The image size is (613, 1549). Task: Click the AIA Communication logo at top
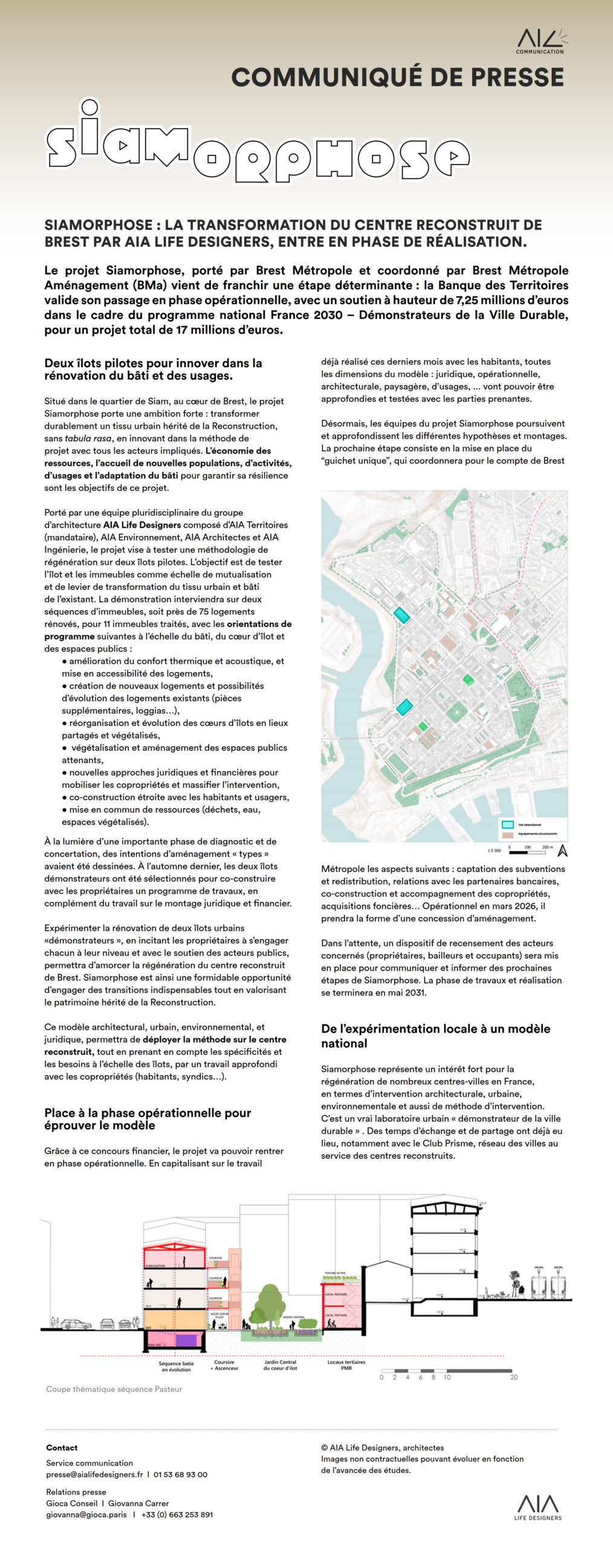coord(540,41)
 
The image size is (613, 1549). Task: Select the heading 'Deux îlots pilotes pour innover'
coord(153,369)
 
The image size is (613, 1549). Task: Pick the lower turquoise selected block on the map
coord(404,707)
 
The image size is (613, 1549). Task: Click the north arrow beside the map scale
coord(562,850)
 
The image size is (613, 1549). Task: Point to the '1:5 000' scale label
coord(494,851)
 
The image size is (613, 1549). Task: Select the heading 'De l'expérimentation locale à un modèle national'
coord(435,1036)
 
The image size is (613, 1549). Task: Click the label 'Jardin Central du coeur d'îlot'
coord(280,1365)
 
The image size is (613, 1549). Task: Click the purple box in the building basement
coord(186,1340)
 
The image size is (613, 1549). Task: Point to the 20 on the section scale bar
coord(514,1377)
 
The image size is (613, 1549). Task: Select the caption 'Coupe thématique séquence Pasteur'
coord(114,1389)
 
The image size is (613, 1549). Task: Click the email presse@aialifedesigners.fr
coord(94,1475)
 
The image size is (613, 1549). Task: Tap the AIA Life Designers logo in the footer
coord(537,1507)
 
